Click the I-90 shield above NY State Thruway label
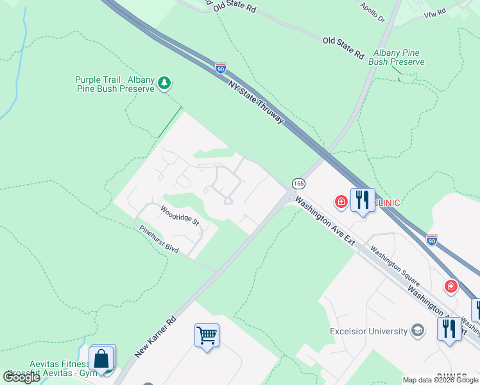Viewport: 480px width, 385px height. (x=221, y=67)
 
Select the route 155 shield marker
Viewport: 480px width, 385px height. (x=298, y=184)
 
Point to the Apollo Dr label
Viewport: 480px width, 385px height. (x=372, y=12)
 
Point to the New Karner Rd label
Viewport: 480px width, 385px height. (x=155, y=337)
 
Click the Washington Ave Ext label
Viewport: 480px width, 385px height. (x=325, y=221)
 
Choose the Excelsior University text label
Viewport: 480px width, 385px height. (x=368, y=331)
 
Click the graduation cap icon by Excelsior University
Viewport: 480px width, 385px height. (x=418, y=330)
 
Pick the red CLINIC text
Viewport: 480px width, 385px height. (x=388, y=203)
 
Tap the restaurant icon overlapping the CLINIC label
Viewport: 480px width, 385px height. (x=362, y=200)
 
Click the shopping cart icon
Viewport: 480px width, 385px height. (x=207, y=334)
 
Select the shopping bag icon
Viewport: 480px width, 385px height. (x=102, y=357)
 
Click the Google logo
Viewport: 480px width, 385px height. (x=22, y=377)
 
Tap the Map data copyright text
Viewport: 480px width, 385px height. (x=441, y=380)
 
